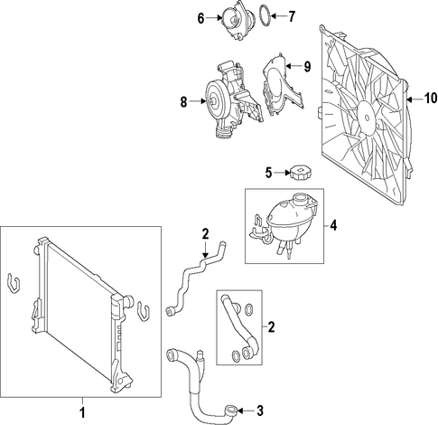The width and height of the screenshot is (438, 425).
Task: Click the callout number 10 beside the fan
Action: click(x=431, y=98)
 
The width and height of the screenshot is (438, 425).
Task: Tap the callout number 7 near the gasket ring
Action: click(x=291, y=16)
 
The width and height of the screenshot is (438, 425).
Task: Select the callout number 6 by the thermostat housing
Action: click(x=200, y=18)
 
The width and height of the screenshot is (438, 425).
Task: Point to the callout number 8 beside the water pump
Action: click(x=183, y=102)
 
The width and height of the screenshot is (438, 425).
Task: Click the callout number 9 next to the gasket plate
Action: click(x=307, y=67)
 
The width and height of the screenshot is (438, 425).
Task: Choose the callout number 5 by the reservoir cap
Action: click(x=268, y=173)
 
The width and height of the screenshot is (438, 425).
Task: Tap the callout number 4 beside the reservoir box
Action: click(x=333, y=225)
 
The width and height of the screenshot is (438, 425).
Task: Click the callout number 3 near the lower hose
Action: click(x=260, y=411)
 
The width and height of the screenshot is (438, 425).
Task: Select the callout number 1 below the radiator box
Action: click(x=82, y=412)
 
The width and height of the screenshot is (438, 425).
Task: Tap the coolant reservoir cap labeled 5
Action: click(x=301, y=173)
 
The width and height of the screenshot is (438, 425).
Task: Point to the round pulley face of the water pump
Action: click(x=212, y=101)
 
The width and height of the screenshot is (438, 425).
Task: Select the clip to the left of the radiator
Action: click(x=14, y=283)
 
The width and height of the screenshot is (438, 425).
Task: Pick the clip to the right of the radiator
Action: click(x=144, y=311)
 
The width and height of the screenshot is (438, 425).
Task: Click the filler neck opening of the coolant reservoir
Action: click(x=302, y=199)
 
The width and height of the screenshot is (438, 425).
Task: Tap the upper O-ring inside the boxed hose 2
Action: click(x=249, y=309)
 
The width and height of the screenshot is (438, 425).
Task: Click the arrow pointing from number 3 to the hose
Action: click(x=246, y=411)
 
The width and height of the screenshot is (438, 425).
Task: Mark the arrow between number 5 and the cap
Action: click(x=282, y=173)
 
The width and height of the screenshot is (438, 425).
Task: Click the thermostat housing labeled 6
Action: click(x=238, y=21)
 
